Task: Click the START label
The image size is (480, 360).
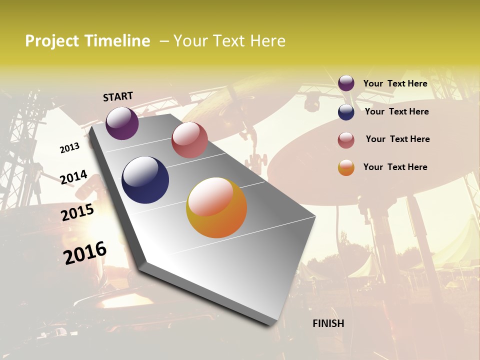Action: pos(118,96)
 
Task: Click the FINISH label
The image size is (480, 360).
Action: pos(328,323)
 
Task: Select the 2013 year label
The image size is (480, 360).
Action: pos(70,148)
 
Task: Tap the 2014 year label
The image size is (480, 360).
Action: pos(73,177)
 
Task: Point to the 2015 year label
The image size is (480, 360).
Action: pos(77,212)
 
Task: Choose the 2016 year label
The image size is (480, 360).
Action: pos(85,252)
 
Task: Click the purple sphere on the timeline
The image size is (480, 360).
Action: pos(122,123)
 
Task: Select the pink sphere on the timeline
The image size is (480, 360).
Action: pos(189,139)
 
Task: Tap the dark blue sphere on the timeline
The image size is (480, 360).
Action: pos(145,180)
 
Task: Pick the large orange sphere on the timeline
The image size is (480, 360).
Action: pos(216,207)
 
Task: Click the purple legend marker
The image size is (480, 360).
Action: pos(346,83)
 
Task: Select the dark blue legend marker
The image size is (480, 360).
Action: pos(346,111)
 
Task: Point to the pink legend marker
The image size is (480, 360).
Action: pos(346,139)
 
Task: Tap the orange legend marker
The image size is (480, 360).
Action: pos(346,167)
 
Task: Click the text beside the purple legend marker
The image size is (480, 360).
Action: pos(395,83)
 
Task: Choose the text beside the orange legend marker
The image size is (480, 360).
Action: pos(395,167)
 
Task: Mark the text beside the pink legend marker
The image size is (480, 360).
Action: pos(397,139)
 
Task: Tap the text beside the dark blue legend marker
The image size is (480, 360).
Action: pos(396,111)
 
